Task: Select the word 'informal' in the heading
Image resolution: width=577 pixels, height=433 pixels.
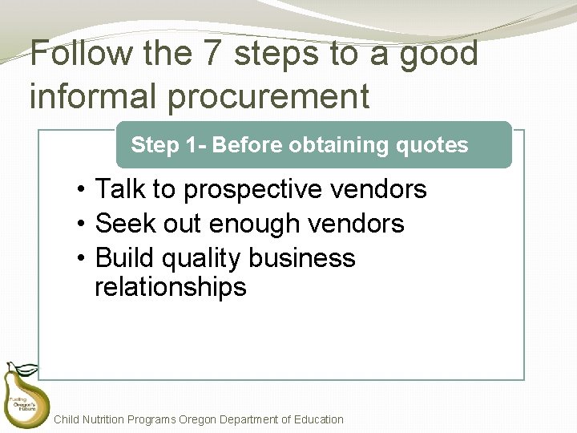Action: coord(79,96)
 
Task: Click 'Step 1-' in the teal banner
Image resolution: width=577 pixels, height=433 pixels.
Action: coord(168,145)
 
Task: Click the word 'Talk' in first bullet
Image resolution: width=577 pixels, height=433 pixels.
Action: coord(120,190)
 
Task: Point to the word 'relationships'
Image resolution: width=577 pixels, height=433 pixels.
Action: coord(170,287)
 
